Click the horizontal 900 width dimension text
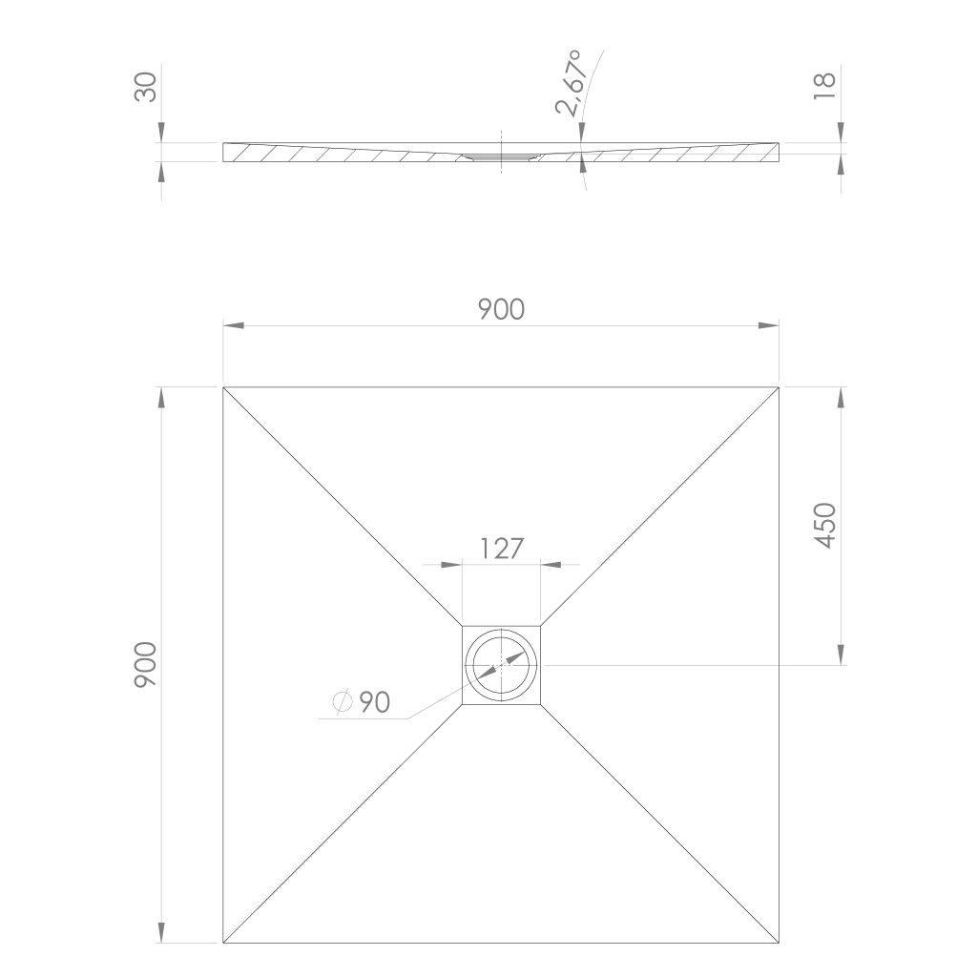click(x=502, y=309)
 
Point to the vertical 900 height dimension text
click(x=145, y=665)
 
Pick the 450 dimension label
click(x=825, y=525)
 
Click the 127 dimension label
click(x=502, y=549)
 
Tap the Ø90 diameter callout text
click(x=363, y=703)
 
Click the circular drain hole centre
click(x=502, y=665)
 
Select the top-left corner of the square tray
click(x=223, y=387)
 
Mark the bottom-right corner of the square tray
click(x=780, y=944)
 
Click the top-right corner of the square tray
click(x=780, y=387)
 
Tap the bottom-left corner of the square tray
click(x=223, y=944)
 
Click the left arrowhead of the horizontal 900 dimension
click(x=234, y=326)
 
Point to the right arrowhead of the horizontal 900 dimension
click(x=769, y=326)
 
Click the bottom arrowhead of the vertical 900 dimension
click(x=161, y=933)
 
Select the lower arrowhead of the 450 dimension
click(x=841, y=655)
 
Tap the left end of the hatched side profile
click(x=225, y=153)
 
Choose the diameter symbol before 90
click(x=343, y=703)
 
